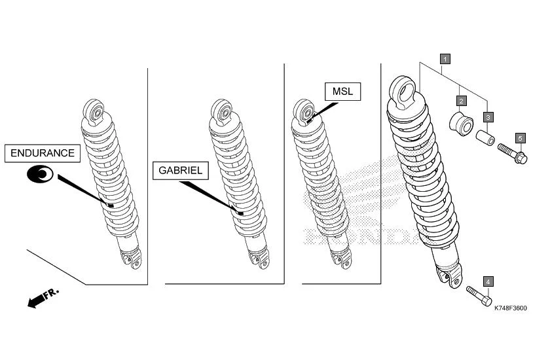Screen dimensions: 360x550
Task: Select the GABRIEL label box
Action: pos(181,171)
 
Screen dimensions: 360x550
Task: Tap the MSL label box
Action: pos(342,92)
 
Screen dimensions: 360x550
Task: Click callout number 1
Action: pos(445,59)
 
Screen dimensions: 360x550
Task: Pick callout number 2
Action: pos(462,101)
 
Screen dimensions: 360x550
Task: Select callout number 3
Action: pos(488,117)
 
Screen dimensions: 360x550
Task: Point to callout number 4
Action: pos(488,281)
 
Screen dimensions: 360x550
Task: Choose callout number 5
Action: pos(520,138)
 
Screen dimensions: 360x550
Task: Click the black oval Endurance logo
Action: pos(41,174)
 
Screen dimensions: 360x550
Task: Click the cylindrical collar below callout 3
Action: pos(486,140)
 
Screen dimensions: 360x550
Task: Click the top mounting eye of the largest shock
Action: pos(403,90)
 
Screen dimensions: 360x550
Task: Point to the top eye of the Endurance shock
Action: pos(94,111)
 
